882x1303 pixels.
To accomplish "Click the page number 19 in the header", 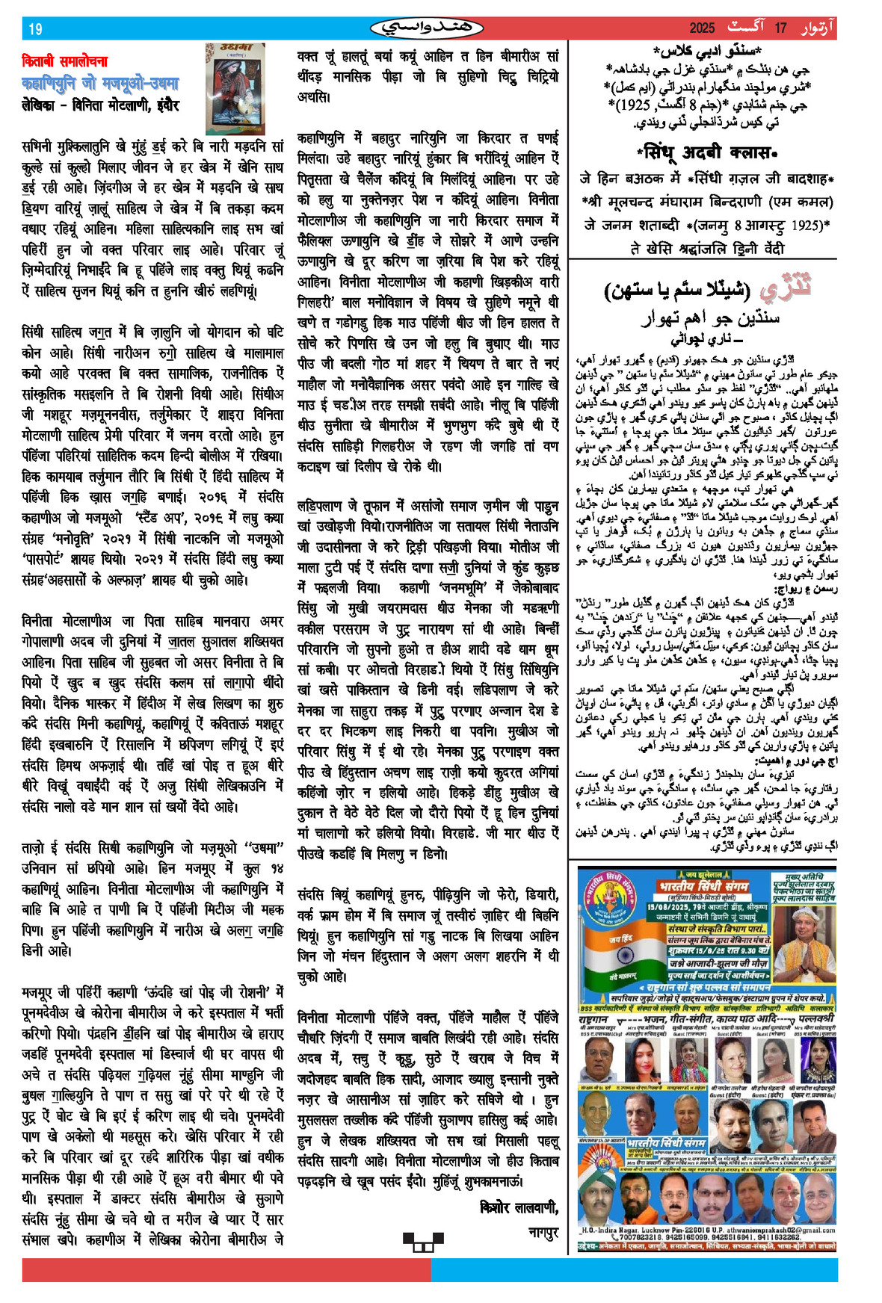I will (x=35, y=29).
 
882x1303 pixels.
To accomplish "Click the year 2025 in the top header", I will (x=702, y=28).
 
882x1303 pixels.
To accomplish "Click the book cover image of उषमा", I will (x=235, y=87).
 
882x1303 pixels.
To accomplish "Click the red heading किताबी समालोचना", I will (x=65, y=61).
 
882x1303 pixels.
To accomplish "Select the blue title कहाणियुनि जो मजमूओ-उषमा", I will (x=100, y=83).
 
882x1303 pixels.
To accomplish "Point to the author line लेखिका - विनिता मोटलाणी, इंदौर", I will (x=100, y=105).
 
